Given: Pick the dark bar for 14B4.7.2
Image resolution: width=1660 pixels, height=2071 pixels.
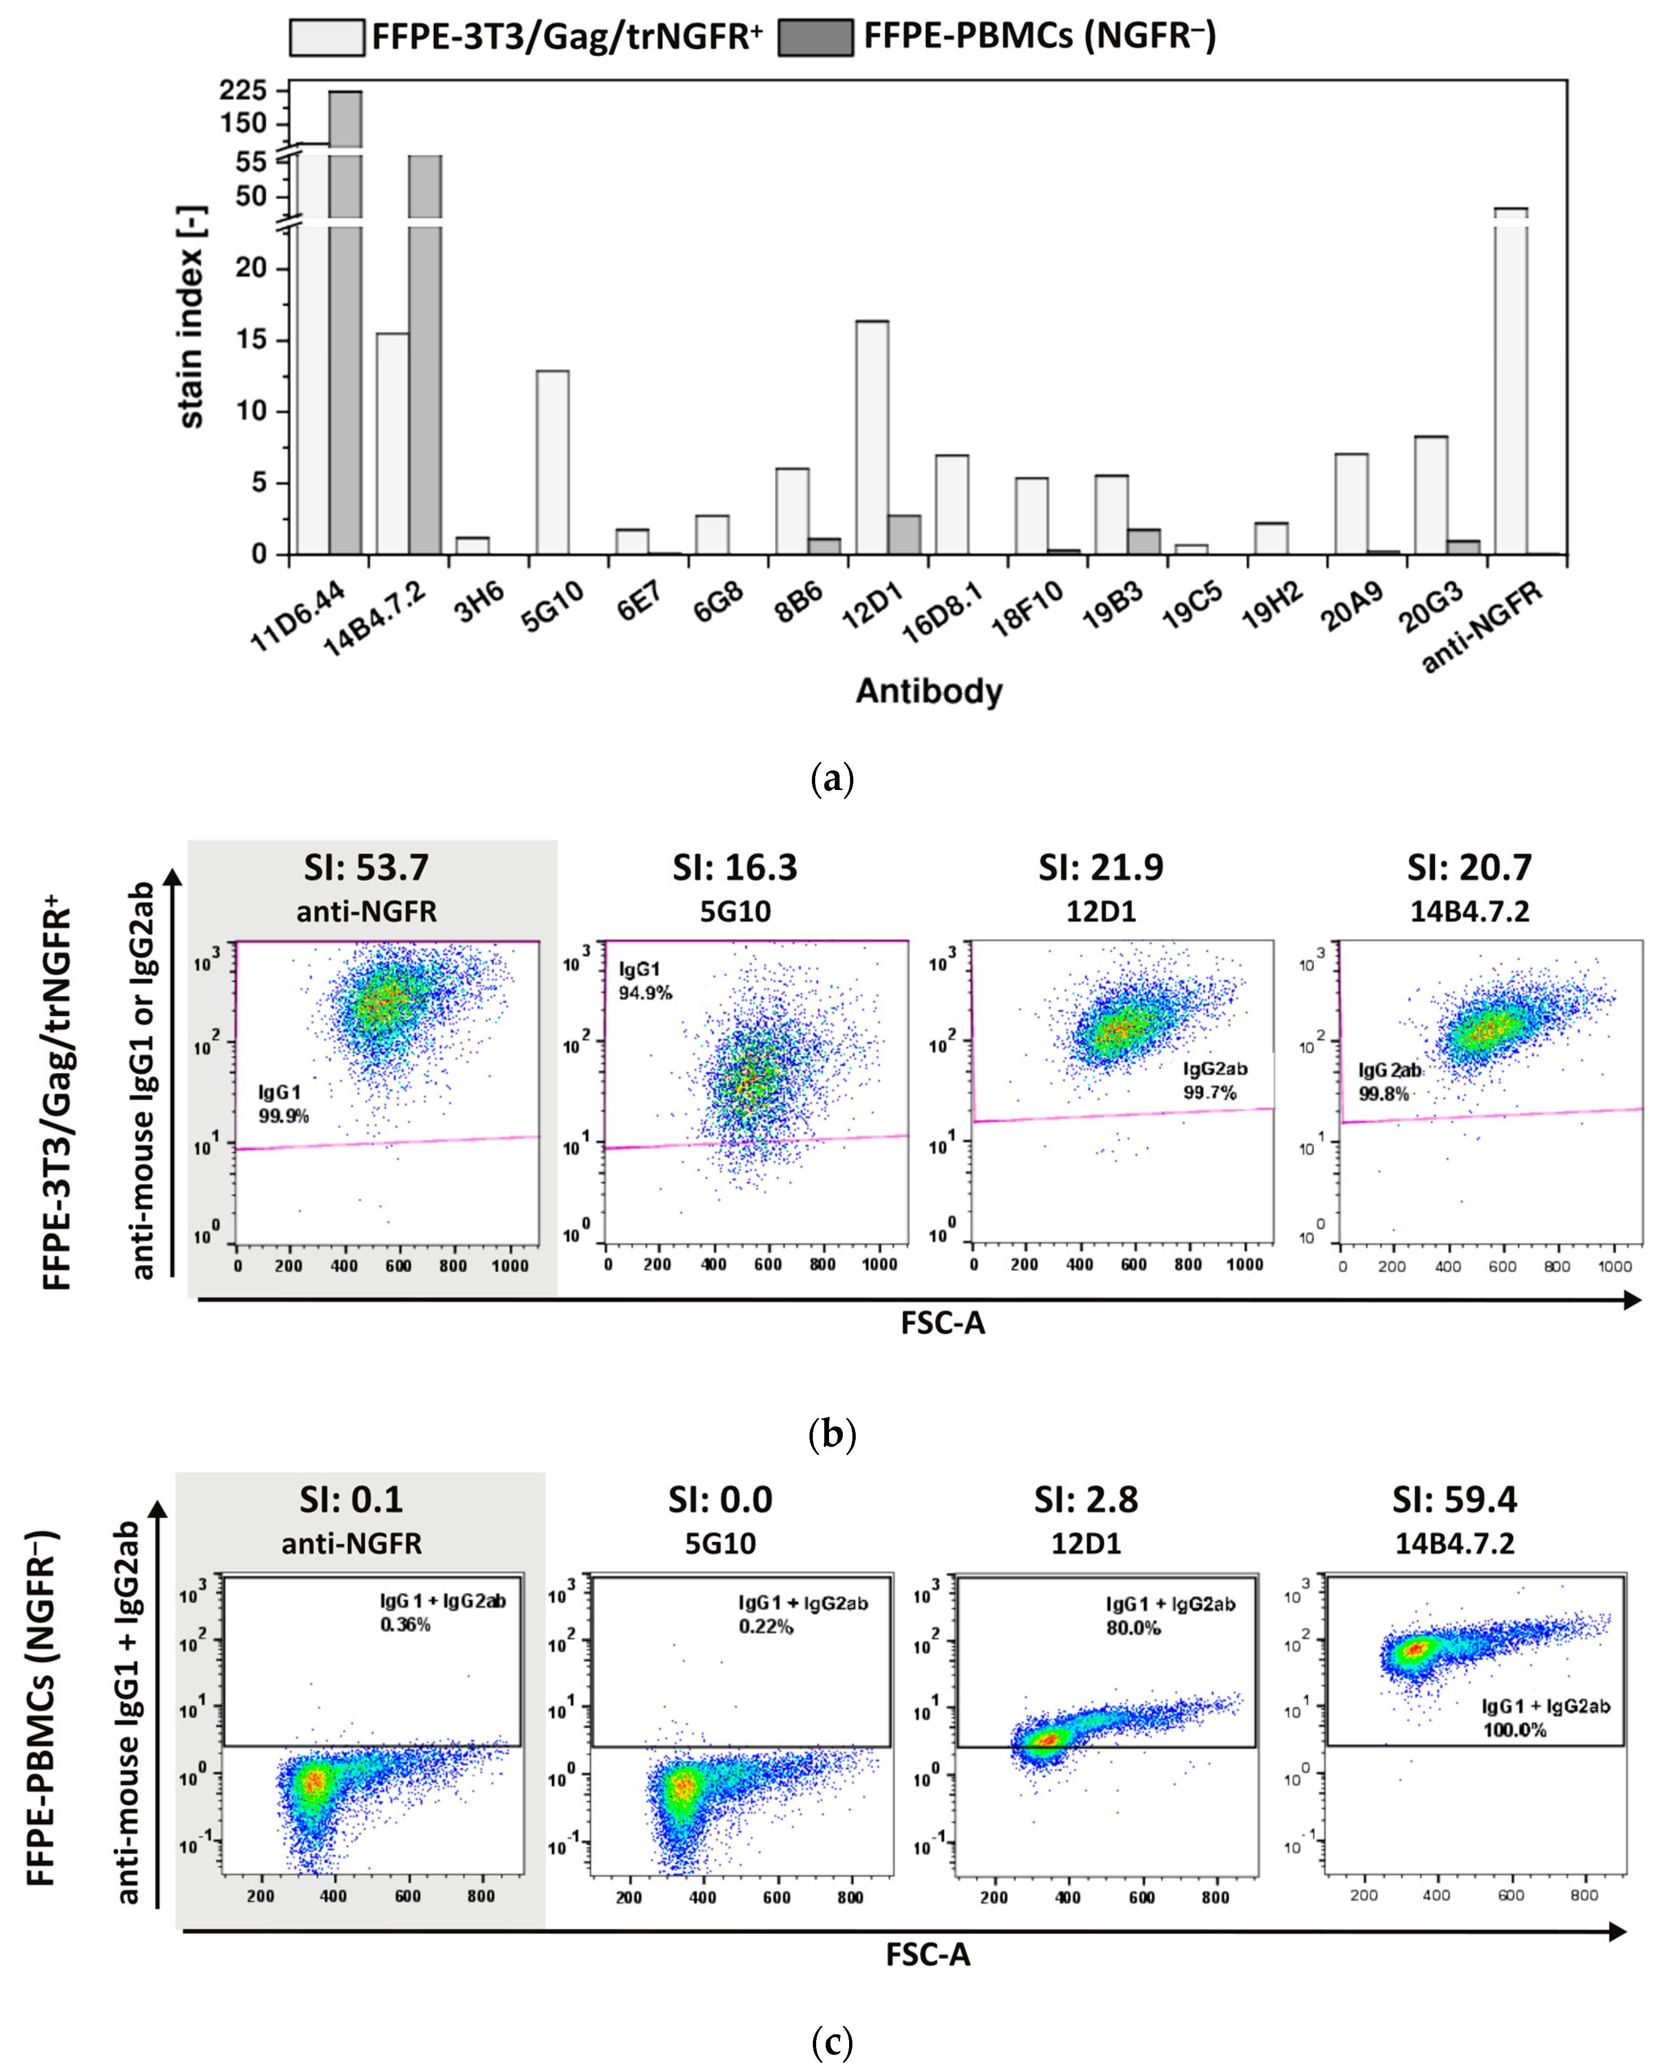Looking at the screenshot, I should point(425,355).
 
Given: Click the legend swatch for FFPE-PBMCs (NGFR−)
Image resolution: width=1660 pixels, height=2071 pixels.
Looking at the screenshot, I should point(815,38).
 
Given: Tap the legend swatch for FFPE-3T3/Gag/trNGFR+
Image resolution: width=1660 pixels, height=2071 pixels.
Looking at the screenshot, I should point(327,38).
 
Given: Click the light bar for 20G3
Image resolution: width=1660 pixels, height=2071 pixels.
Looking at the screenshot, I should point(1430,495).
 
